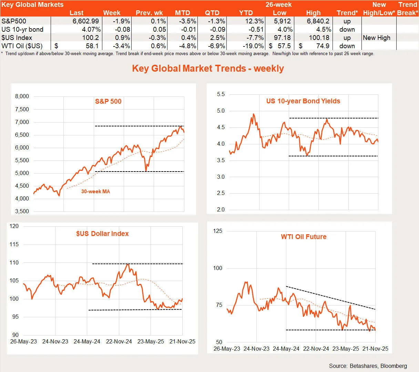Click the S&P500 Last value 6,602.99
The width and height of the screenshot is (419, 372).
click(x=85, y=21)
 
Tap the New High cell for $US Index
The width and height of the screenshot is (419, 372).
click(x=377, y=38)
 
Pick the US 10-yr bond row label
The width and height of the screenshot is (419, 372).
click(x=22, y=30)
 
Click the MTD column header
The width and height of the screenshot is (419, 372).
click(x=182, y=13)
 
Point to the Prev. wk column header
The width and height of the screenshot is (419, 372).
click(x=149, y=13)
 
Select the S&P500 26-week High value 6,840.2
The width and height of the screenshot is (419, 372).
click(x=318, y=21)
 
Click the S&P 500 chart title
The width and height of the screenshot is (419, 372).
click(x=108, y=101)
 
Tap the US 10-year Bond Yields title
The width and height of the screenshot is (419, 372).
click(x=303, y=101)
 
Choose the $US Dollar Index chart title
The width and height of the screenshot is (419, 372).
click(x=102, y=234)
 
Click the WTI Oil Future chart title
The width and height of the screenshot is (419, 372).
click(x=304, y=237)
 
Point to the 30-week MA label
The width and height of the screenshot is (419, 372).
click(x=95, y=192)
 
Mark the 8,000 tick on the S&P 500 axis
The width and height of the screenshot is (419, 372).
click(x=22, y=96)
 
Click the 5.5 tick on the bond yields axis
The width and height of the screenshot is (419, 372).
click(x=221, y=94)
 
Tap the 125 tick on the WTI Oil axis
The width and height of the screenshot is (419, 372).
click(x=218, y=231)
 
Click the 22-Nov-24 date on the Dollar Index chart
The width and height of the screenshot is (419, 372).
click(x=119, y=342)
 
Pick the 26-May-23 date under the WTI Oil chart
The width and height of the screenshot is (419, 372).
click(x=227, y=349)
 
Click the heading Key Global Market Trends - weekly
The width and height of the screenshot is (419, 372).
click(x=208, y=68)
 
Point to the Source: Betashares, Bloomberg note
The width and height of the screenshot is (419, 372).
click(x=368, y=366)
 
